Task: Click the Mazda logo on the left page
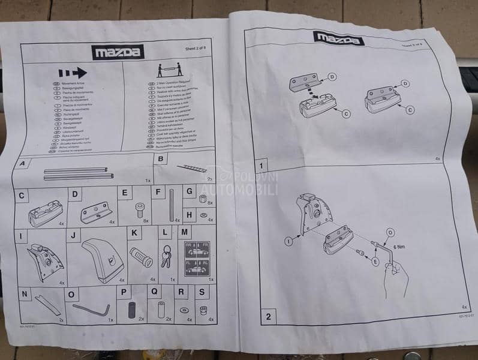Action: pyautogui.click(x=118, y=52)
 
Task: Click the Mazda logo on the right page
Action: pyautogui.click(x=338, y=38)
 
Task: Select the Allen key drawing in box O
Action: pyautogui.click(x=91, y=310)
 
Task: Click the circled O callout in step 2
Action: pyautogui.click(x=390, y=232)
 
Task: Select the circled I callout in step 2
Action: pyautogui.click(x=288, y=241)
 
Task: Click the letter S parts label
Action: pyautogui.click(x=203, y=293)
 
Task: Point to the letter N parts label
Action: pyautogui.click(x=24, y=293)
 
